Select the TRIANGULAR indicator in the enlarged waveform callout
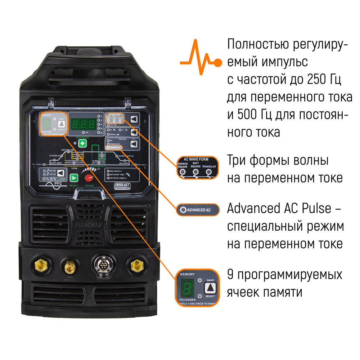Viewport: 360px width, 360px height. click(208, 172)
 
